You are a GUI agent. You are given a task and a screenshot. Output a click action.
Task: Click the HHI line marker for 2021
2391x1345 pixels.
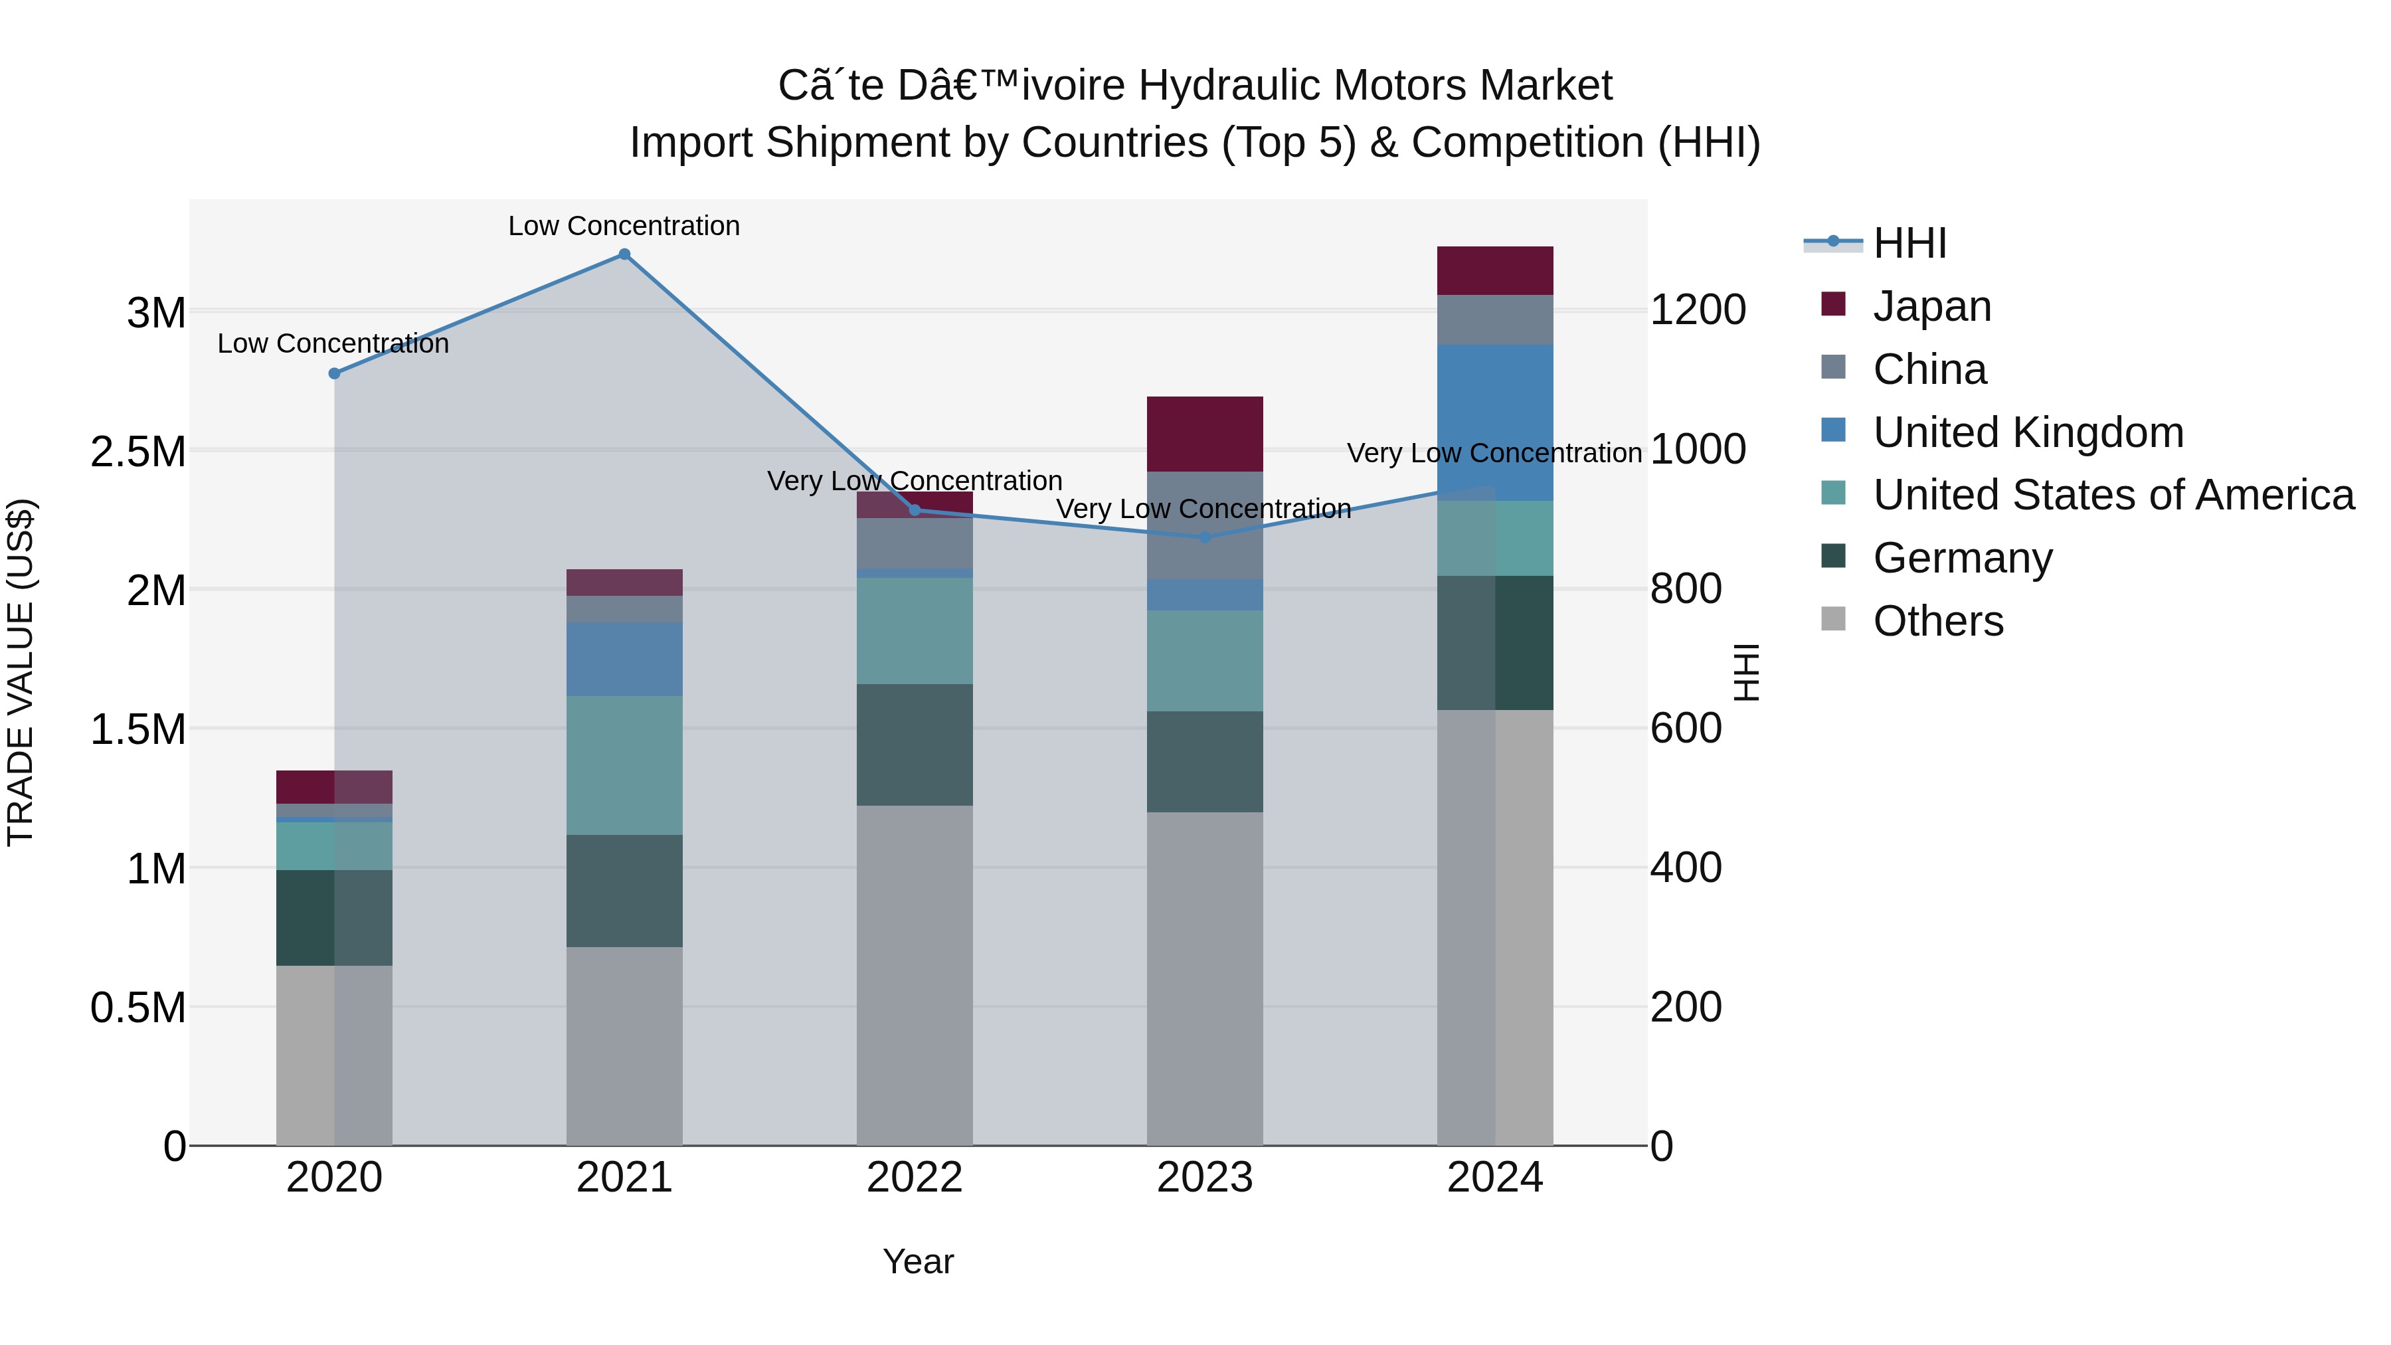624,254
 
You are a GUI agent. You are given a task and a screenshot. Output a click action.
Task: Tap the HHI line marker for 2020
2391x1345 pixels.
334,373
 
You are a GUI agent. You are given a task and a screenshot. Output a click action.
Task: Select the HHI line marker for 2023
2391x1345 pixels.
1205,537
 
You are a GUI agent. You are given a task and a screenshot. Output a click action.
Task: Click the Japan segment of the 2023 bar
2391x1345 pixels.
1205,434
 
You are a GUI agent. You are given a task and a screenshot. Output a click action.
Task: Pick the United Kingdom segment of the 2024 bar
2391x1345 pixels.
1494,422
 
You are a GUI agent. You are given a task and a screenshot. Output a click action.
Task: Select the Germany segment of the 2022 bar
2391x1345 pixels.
915,745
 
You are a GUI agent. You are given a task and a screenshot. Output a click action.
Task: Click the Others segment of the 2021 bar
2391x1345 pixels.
624,1045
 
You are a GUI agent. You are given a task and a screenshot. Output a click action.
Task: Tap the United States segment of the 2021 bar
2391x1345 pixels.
624,765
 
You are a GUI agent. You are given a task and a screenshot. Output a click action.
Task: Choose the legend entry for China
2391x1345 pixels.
1929,369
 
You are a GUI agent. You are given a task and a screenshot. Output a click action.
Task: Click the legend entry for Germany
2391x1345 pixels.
1962,558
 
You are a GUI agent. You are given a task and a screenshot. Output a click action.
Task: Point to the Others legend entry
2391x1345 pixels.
1937,621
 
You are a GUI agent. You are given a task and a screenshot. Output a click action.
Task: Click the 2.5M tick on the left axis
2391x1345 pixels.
138,452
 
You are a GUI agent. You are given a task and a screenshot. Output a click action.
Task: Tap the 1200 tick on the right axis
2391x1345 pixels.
1698,310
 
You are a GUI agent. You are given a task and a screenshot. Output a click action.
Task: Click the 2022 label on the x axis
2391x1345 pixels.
915,1177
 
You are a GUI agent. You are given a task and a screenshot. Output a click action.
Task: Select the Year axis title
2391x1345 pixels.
918,1261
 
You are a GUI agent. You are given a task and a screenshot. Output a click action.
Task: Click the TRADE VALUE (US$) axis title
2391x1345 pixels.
21,672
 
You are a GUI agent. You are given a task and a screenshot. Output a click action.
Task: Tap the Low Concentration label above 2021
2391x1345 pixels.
624,226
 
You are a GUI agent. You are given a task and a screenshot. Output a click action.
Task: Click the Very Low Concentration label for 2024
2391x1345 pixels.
1494,453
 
